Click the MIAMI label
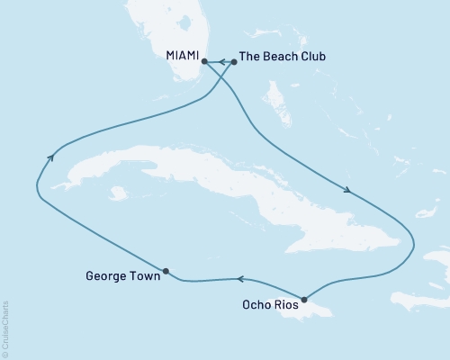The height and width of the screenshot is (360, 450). pos(183,56)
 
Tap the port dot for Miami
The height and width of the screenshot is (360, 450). pos(205,61)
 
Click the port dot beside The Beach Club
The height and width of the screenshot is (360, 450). pos(234,61)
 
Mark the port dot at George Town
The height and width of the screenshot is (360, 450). pos(166,270)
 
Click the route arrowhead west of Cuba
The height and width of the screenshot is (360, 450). pos(49,157)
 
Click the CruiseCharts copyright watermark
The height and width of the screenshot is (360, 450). pos(6,327)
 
